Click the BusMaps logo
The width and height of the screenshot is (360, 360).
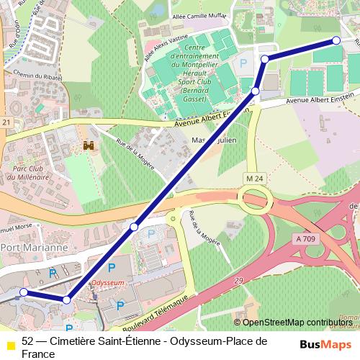[x=326, y=344]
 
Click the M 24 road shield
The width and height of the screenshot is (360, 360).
[x=254, y=178]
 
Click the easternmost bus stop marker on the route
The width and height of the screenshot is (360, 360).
[x=336, y=41]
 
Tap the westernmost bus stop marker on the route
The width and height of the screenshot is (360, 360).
[x=24, y=292]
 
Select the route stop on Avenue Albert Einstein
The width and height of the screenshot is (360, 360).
[x=256, y=91]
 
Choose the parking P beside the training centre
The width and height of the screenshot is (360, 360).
[x=243, y=64]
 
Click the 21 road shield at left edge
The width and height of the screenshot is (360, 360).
[x=6, y=123]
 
